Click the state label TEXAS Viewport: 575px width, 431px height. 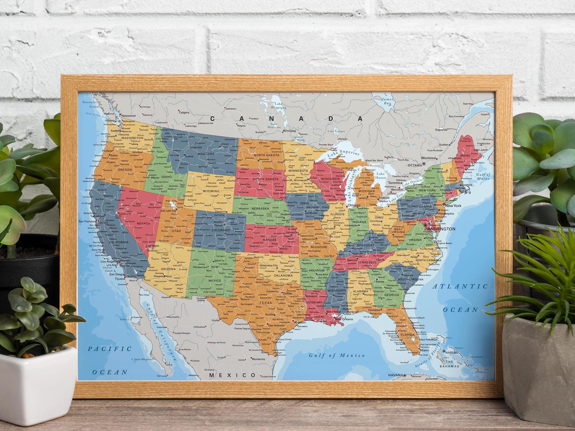point(266,303)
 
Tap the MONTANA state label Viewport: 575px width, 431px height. point(206,154)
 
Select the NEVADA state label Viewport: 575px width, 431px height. point(143,223)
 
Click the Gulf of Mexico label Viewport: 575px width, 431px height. point(337,355)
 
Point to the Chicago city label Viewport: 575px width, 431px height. point(354,205)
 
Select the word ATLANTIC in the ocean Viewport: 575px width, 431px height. point(460,287)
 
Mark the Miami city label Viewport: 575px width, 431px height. point(425,350)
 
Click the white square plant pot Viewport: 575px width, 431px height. point(36,382)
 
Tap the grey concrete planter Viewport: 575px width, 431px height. point(541,364)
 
